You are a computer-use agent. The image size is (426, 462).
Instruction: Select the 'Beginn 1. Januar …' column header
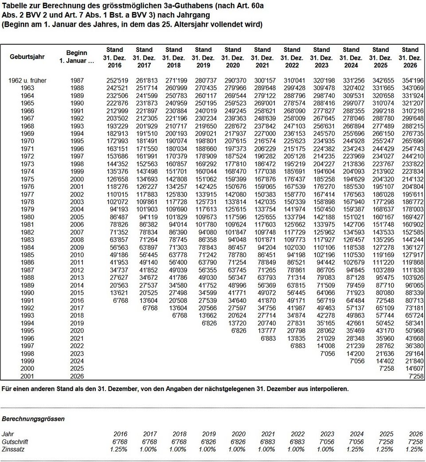point(77,57)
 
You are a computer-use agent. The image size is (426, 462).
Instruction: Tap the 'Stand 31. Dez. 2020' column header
point(233,57)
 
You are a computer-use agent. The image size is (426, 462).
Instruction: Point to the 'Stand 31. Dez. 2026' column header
point(410,57)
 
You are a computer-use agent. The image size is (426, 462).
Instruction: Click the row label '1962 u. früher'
point(27,81)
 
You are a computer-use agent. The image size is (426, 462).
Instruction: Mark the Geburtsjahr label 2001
point(27,376)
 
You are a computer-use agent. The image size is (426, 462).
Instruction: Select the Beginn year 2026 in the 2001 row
point(77,376)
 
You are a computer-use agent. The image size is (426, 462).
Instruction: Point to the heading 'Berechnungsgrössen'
point(33,419)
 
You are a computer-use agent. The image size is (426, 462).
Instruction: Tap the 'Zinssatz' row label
point(13,449)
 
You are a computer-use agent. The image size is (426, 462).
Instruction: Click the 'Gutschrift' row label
point(15,442)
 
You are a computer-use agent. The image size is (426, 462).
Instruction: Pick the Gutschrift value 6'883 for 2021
point(266,442)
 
